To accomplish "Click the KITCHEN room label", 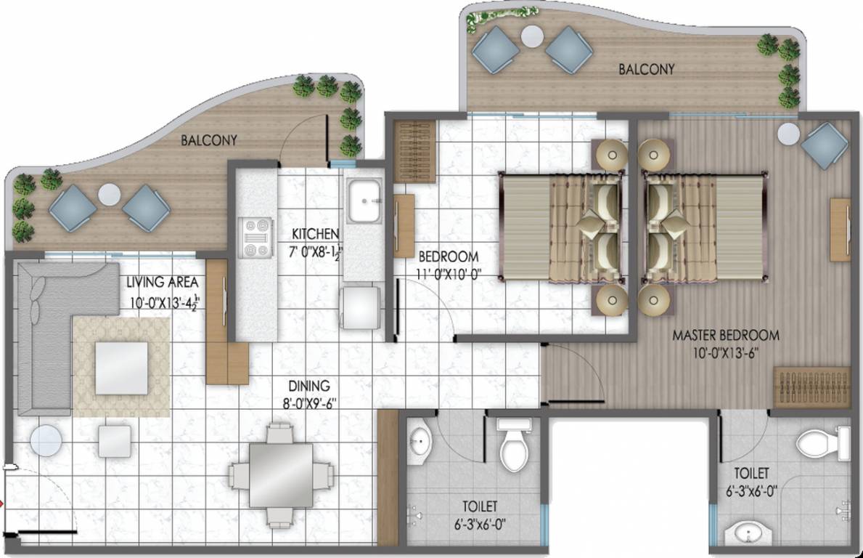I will coord(315,234).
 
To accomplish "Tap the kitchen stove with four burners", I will coord(257,237).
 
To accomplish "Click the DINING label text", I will coord(308,386).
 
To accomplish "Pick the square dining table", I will coord(281,476).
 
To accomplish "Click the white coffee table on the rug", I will coord(121,368).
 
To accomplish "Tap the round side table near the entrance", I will coord(46,440).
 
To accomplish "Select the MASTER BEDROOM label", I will coord(726,336).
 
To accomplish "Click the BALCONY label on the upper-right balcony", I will coord(646,70).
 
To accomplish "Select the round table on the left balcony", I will coord(109,195).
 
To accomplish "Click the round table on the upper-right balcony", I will coord(532,36).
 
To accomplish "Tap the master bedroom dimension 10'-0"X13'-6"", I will coord(726,352).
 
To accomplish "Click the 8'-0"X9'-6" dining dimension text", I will coord(308,401).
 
